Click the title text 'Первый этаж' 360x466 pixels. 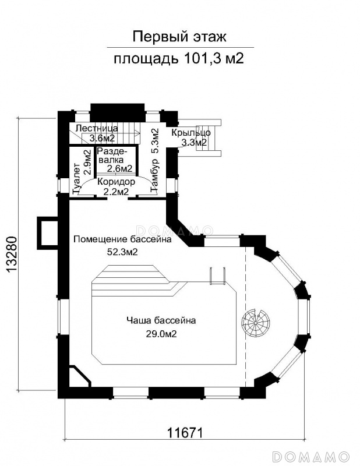[179, 37]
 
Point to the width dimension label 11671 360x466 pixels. [185, 433]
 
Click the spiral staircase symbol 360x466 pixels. [255, 323]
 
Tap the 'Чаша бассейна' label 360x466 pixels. [161, 321]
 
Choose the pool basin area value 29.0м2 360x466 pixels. [161, 334]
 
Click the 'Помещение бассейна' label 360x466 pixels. [122, 239]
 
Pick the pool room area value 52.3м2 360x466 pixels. [122, 252]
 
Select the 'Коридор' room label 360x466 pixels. [117, 182]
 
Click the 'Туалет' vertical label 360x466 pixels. [77, 179]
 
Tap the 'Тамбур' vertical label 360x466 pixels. [155, 175]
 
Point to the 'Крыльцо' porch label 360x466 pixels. [191, 133]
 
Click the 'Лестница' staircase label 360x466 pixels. [97, 128]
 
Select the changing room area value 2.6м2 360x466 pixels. [119, 169]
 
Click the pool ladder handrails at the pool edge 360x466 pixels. [218, 276]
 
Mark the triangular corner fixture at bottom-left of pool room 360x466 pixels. [80, 377]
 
